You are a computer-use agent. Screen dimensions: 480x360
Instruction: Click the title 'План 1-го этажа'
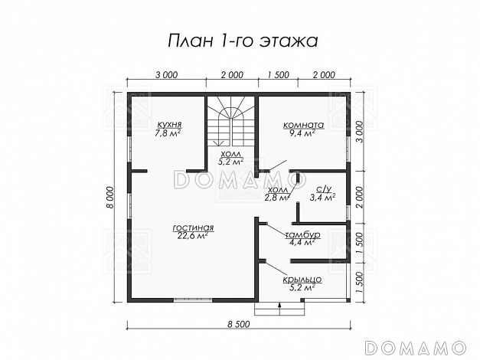click(x=243, y=41)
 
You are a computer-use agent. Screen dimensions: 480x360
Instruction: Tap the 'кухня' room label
click(x=170, y=125)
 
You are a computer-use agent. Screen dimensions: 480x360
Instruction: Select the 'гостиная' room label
click(x=193, y=228)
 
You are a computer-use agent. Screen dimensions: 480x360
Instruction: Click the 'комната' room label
click(x=304, y=125)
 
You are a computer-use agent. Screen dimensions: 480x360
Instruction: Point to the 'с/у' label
click(x=324, y=189)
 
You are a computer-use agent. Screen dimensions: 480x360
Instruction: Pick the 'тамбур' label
click(x=302, y=235)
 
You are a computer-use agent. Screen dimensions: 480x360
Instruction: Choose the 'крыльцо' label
click(x=302, y=280)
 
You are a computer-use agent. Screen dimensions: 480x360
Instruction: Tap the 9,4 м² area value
click(x=302, y=133)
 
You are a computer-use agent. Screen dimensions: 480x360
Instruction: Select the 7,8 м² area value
click(x=168, y=133)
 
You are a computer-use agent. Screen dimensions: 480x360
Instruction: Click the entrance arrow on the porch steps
click(x=279, y=309)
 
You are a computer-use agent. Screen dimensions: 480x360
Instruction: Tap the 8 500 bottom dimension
click(x=239, y=324)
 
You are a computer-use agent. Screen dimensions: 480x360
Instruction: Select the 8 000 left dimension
click(x=110, y=198)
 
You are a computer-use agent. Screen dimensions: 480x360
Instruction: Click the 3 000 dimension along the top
click(x=166, y=75)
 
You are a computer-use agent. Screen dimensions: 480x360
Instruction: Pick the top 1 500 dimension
click(x=278, y=75)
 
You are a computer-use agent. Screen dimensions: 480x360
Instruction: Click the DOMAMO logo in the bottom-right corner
click(x=416, y=348)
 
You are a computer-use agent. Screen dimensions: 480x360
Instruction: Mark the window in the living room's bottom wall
click(x=193, y=300)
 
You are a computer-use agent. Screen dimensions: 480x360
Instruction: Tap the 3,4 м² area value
click(x=322, y=197)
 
